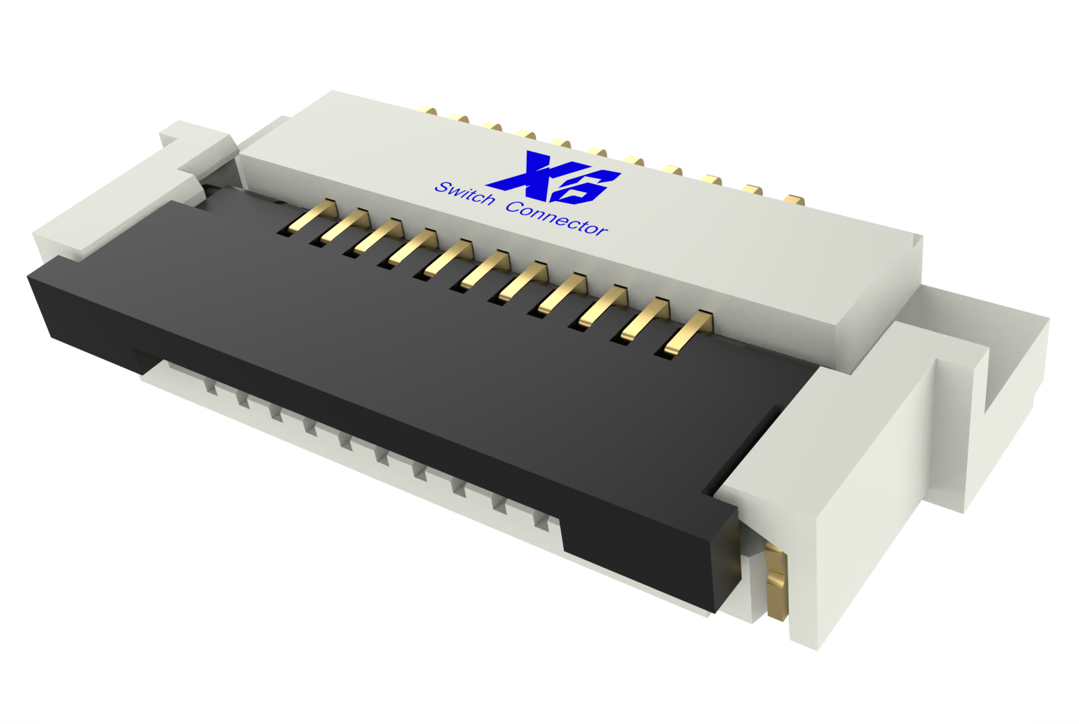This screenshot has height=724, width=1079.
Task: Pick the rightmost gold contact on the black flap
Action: [x=688, y=333]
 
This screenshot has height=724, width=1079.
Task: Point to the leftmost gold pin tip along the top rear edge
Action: [x=427, y=110]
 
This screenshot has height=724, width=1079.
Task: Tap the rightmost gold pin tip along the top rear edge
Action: [x=794, y=200]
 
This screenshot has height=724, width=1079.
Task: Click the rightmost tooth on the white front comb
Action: [x=541, y=520]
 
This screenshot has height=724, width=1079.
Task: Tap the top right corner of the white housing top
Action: [x=921, y=235]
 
